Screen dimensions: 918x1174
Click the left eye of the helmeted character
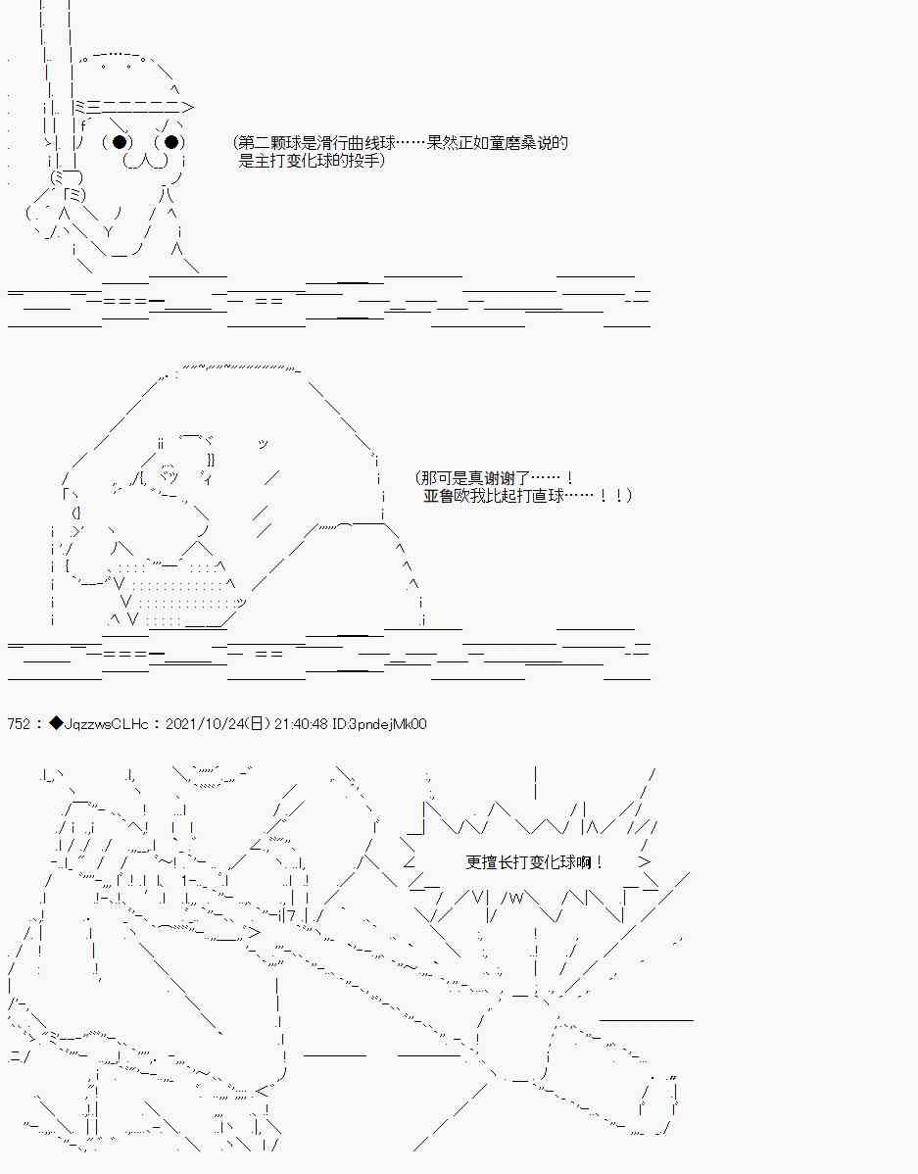(x=120, y=141)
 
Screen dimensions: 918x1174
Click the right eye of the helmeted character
(x=171, y=141)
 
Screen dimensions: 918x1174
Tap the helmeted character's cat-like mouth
(x=145, y=161)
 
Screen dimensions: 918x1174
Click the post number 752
(x=19, y=723)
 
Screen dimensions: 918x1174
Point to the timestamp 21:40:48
(x=301, y=723)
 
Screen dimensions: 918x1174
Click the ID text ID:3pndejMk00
(x=379, y=723)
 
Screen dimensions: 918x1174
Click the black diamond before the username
(x=56, y=723)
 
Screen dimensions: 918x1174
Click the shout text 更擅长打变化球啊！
(x=534, y=861)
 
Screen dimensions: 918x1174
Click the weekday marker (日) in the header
(x=256, y=723)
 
